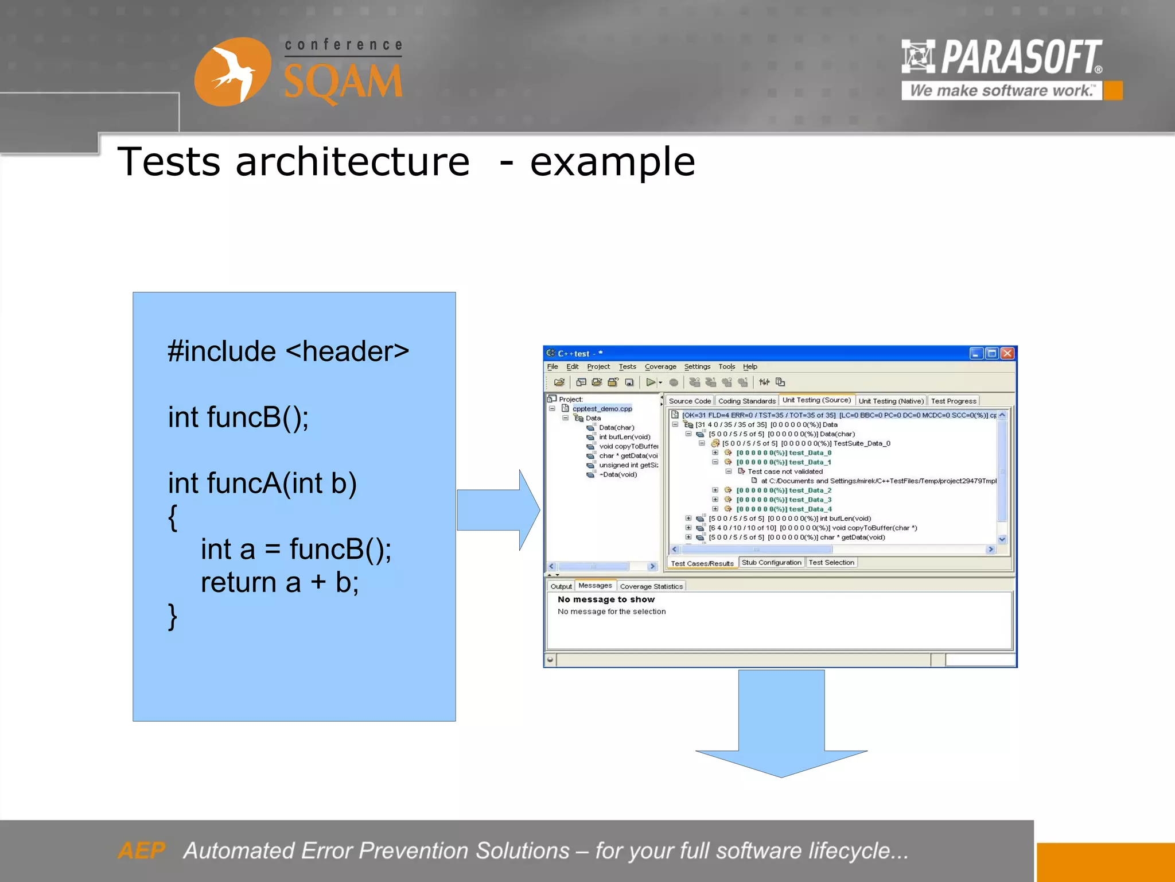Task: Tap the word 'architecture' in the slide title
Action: click(x=352, y=162)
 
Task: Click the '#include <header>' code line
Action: click(x=288, y=351)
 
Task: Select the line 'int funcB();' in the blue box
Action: click(x=238, y=417)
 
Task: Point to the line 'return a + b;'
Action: click(x=279, y=583)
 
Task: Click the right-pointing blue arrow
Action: click(x=498, y=510)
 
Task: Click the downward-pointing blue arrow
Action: click(x=781, y=725)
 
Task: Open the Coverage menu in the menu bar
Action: click(x=660, y=367)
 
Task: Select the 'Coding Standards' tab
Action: click(x=746, y=401)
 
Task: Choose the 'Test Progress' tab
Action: click(x=953, y=401)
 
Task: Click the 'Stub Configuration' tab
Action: click(x=771, y=563)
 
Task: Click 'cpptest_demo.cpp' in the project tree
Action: click(x=602, y=409)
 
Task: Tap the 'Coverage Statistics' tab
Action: click(x=651, y=587)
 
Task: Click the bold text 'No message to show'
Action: click(x=606, y=599)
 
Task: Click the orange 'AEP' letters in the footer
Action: click(x=141, y=850)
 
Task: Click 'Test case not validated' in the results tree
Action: click(x=785, y=472)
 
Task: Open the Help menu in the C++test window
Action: click(x=750, y=367)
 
